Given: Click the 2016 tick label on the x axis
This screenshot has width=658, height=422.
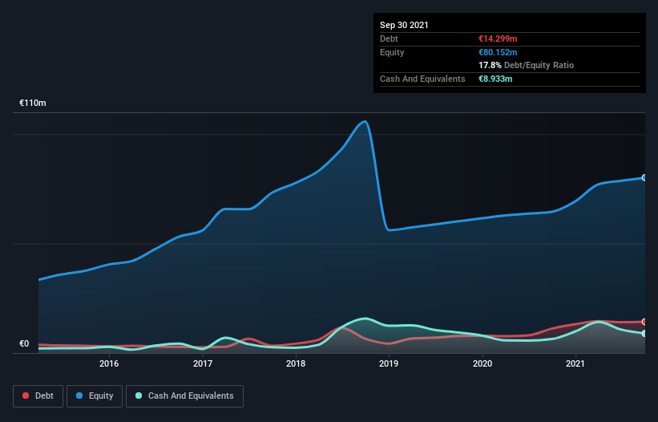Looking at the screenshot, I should click(x=109, y=364).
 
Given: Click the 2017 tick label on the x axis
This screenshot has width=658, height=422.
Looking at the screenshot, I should click(x=203, y=364).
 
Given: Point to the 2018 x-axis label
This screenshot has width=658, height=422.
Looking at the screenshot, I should click(x=296, y=364).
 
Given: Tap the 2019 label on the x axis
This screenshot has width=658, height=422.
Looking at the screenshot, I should click(x=389, y=364).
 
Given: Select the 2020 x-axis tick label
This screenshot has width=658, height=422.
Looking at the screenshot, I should click(x=482, y=364).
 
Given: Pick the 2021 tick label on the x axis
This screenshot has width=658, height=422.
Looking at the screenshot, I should click(x=575, y=364).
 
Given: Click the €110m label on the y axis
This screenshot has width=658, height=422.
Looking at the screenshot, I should click(x=33, y=103).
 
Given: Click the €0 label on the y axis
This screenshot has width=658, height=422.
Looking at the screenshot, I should click(x=24, y=344).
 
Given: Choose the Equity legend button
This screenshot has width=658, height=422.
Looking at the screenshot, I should click(x=95, y=396).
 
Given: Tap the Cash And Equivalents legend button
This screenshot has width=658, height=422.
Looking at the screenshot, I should click(x=184, y=396).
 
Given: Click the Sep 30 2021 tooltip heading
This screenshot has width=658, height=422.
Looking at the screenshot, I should click(x=404, y=25).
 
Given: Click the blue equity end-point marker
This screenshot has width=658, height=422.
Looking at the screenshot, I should click(x=644, y=177).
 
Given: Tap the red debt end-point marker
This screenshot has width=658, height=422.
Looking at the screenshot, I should click(x=644, y=322).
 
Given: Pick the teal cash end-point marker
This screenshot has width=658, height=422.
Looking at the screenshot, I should click(x=644, y=333).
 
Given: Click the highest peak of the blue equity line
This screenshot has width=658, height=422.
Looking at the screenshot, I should click(x=365, y=122).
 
